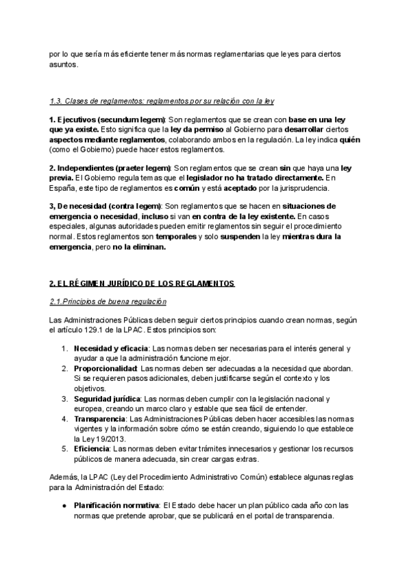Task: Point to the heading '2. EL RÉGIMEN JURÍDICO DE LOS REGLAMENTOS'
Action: (142, 283)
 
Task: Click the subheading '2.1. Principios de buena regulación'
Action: (108, 301)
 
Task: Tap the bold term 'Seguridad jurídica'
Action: (107, 398)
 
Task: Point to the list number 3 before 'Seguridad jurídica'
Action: (64, 398)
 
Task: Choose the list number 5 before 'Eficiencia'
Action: (64, 448)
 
